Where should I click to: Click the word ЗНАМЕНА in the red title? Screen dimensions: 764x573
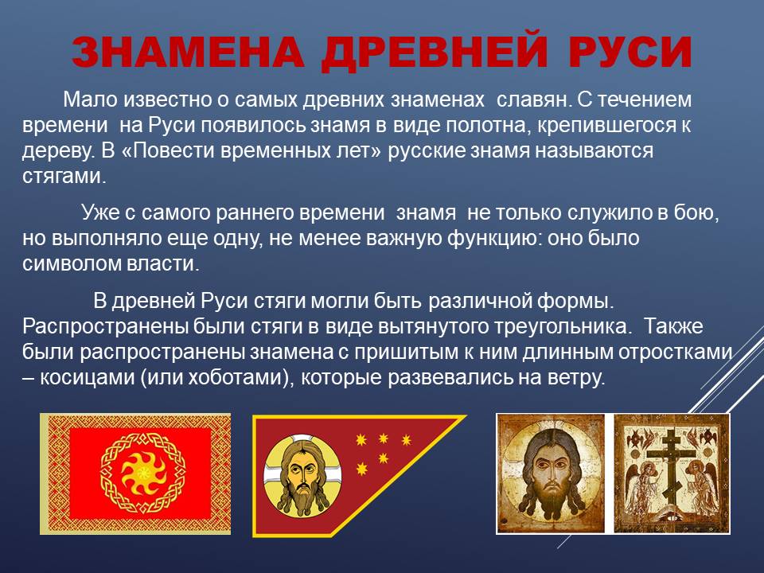[x=188, y=52]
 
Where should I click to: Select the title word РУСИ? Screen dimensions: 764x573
[x=630, y=52]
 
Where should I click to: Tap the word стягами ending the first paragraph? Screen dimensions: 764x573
[x=64, y=177]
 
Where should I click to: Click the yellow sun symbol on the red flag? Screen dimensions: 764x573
[x=142, y=472]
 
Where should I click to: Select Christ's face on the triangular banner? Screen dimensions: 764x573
[x=302, y=475]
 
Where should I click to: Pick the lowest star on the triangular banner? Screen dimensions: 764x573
[x=362, y=470]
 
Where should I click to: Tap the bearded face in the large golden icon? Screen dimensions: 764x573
[x=551, y=476]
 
